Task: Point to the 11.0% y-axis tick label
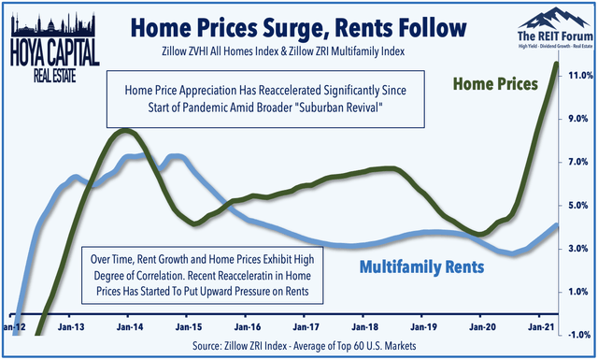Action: pos(577,75)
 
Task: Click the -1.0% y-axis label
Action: pos(577,334)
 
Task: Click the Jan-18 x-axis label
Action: pos(362,328)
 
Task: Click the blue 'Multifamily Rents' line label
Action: pos(423,266)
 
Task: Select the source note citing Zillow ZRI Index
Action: pos(299,348)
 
